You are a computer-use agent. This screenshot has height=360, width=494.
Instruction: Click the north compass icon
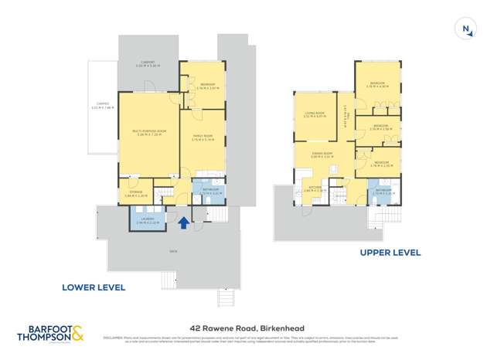[466, 29]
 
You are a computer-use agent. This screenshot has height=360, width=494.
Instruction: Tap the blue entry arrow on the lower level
[183, 223]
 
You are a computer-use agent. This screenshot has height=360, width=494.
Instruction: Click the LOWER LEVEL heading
[94, 287]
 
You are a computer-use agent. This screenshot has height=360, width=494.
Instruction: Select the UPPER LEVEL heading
[390, 252]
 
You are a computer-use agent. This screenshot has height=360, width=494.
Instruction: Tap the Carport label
[148, 63]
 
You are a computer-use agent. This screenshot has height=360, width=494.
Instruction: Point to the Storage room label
[135, 192]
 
